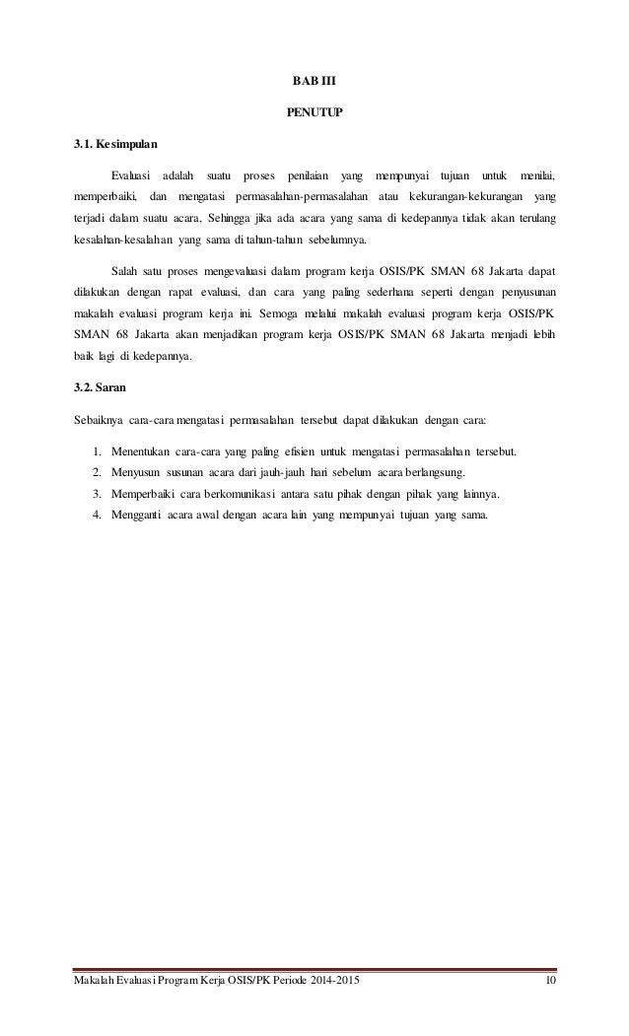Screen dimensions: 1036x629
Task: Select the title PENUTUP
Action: coord(314,112)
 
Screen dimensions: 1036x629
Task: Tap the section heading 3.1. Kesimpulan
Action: coord(112,145)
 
